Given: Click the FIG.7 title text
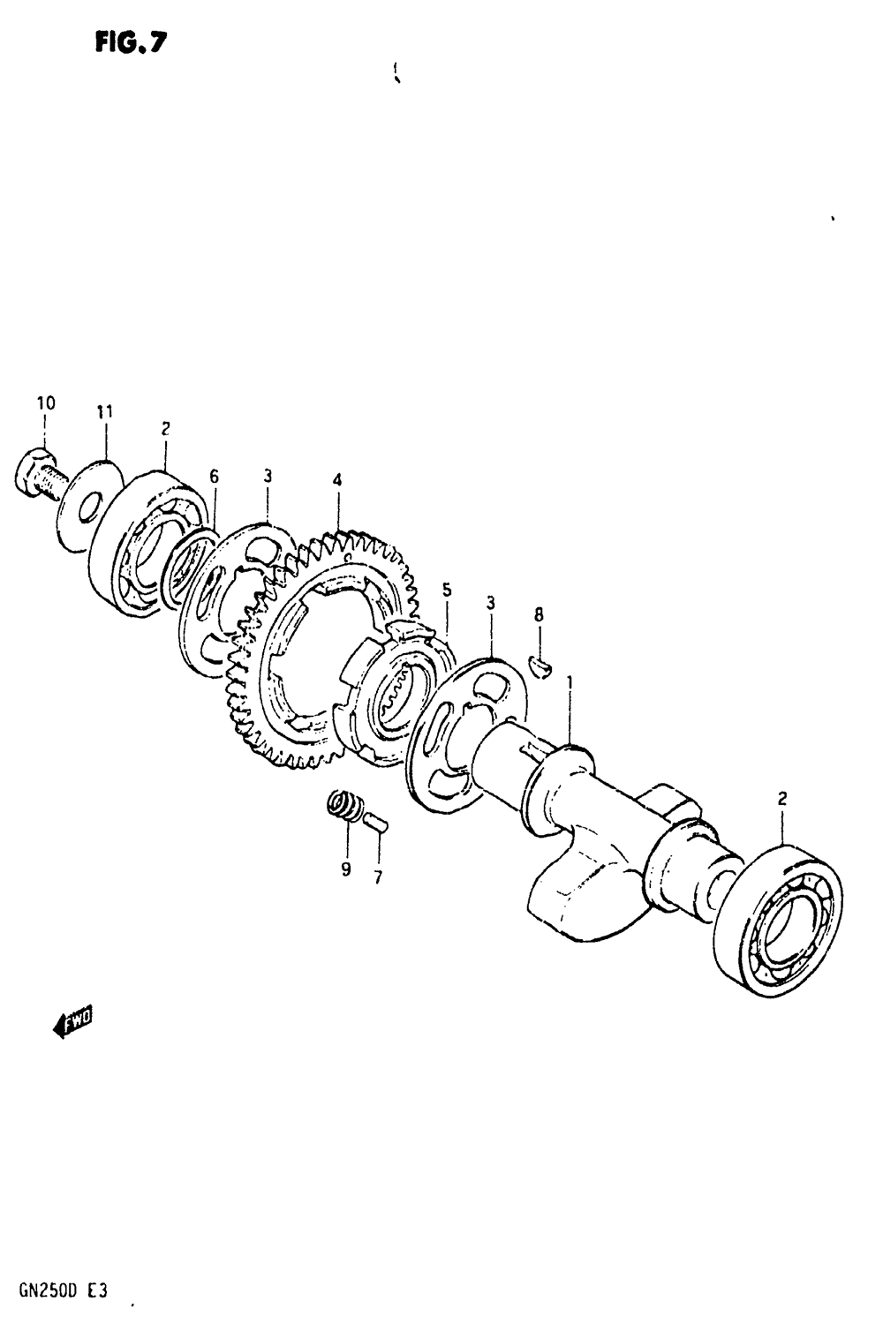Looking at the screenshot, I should [x=131, y=42].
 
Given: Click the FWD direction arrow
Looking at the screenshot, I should [x=73, y=1022].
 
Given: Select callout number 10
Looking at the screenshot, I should [x=46, y=403].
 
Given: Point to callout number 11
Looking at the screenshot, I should [x=105, y=411].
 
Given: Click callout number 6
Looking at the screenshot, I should [x=214, y=477].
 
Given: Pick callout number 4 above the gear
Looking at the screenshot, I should [x=337, y=481].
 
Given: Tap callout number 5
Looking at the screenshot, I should [x=448, y=590].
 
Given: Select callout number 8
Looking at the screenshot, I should [x=539, y=615].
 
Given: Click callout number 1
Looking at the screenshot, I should [x=570, y=682].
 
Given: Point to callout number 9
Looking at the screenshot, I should [x=346, y=869].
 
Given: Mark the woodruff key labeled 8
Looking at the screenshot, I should [x=540, y=666].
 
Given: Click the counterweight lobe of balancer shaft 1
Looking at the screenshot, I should [x=574, y=891].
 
